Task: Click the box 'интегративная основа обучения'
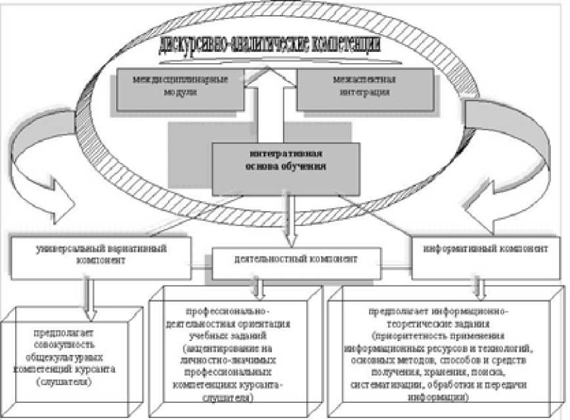(286, 168)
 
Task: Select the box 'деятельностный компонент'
(296, 260)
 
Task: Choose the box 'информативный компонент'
(486, 250)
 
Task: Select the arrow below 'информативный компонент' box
(479, 283)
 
